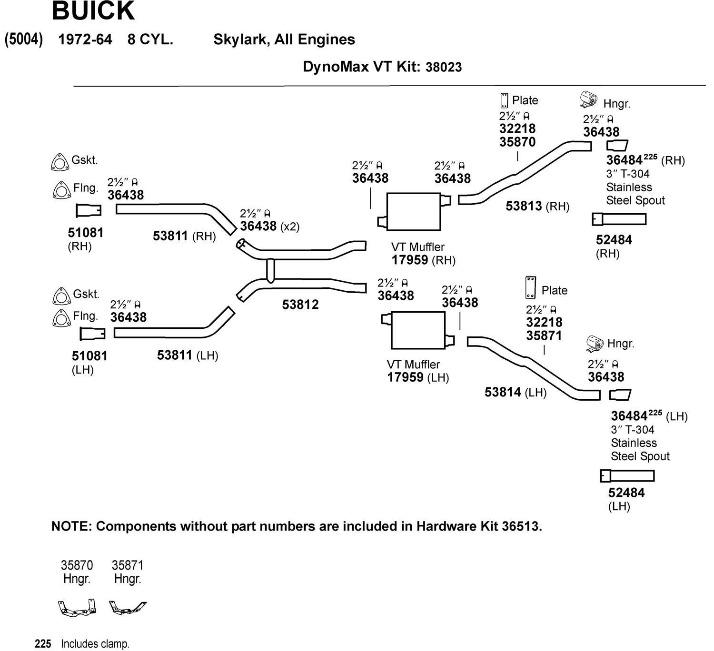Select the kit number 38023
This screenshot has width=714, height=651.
coord(443,67)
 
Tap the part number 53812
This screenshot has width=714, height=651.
coord(300,305)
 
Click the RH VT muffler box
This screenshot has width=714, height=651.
coord(414,211)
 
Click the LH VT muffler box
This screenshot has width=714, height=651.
coord(418,330)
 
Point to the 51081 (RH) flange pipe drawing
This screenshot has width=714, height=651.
coord(89,210)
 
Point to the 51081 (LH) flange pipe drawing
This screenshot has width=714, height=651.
coord(92,334)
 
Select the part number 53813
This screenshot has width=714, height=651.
coord(524,206)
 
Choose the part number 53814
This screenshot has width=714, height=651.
coord(503,392)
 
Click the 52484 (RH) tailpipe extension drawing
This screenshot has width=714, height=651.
coord(619,219)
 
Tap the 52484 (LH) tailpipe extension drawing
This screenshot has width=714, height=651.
coord(627,476)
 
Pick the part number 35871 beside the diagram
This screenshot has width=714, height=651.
coord(544,335)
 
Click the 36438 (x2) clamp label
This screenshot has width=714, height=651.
coord(258,226)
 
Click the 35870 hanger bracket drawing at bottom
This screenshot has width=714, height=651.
coord(77,608)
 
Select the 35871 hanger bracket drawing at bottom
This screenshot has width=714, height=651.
coord(127,608)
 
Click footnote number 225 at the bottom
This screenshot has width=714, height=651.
coord(43,644)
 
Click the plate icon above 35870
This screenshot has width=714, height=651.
coord(503,100)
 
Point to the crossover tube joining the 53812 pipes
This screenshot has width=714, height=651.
coord(270,270)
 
